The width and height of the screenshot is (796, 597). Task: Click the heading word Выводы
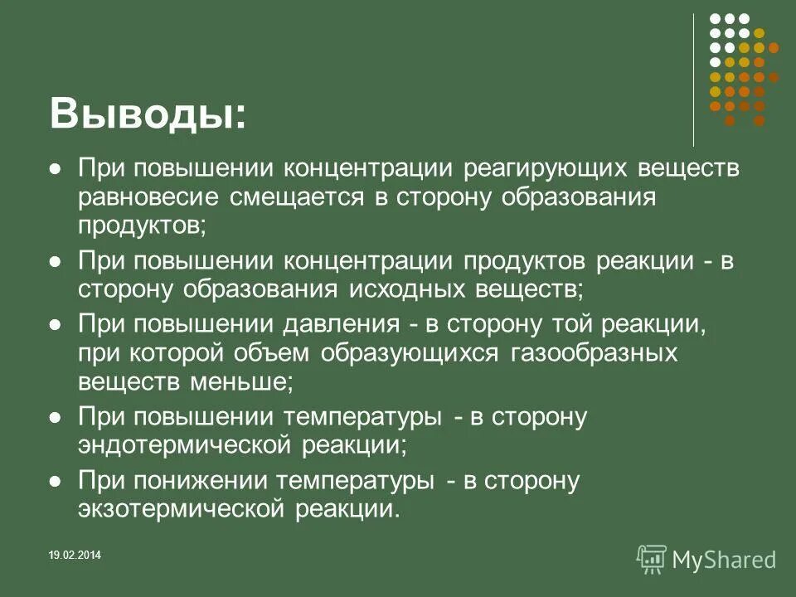147,114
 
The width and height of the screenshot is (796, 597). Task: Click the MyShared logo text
725,560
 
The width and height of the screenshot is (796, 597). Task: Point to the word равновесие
149,197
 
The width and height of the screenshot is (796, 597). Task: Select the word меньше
246,382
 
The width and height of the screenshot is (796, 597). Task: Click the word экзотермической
181,507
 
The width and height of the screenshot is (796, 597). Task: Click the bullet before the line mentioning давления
56,323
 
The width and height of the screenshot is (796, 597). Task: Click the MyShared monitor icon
652,559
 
